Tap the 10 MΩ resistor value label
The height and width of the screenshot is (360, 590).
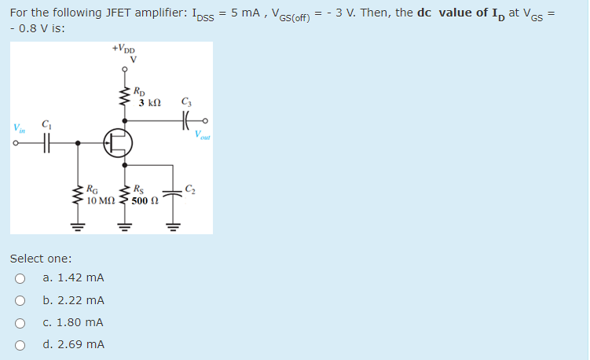click(x=102, y=201)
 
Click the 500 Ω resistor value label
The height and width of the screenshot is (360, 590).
click(x=146, y=201)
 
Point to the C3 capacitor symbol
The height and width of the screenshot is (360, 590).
click(x=186, y=121)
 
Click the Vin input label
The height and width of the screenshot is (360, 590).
click(x=17, y=127)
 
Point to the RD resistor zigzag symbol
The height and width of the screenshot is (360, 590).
click(x=123, y=97)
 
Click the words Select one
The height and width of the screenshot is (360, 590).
click(x=41, y=258)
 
